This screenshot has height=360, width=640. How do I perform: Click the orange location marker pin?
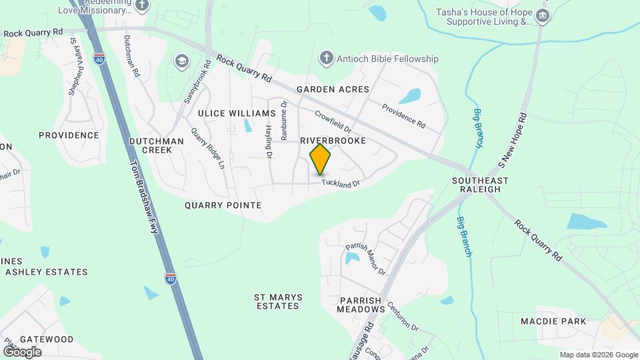(321, 159)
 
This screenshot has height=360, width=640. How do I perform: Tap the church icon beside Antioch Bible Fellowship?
(326, 58)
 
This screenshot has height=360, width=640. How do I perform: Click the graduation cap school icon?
(181, 62)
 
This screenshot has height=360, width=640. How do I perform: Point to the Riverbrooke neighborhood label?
(333, 141)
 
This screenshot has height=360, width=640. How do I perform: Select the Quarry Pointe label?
(223, 205)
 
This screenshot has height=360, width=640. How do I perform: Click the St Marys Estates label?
(278, 301)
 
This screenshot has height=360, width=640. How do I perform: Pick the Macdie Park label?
(554, 321)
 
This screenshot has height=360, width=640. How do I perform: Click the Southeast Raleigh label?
(480, 185)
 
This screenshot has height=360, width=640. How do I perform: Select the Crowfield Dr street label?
(333, 121)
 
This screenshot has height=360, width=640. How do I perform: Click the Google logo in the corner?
(22, 352)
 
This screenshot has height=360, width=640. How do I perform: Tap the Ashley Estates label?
(47, 272)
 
